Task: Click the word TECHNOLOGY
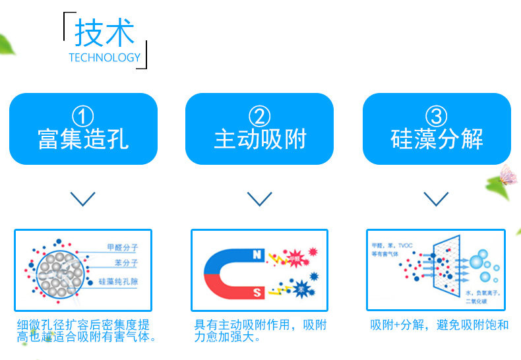coord(104,57)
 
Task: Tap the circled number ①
coord(83,117)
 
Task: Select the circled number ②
coord(259,117)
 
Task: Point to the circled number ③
coord(436,117)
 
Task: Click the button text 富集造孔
coord(83,139)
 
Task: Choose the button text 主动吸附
coord(259,139)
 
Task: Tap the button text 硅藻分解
coord(436,139)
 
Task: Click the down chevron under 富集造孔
coord(82,198)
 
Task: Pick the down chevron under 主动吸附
coord(259,198)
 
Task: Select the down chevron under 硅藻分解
coord(436,198)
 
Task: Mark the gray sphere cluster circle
coord(60,272)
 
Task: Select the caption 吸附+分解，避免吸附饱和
coord(439,326)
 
